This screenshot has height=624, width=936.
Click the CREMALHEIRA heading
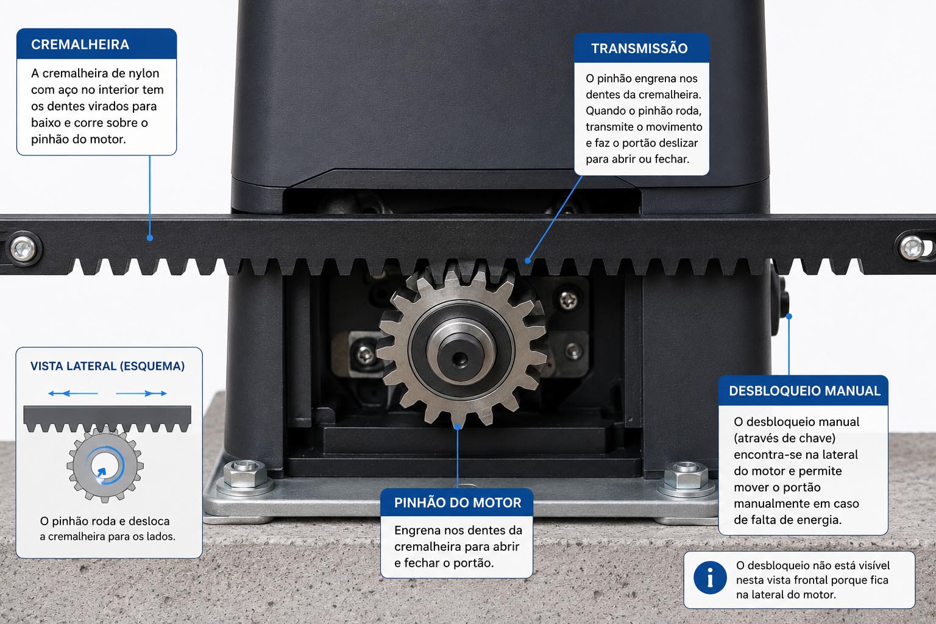pos(80,44)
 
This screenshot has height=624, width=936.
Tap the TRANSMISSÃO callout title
pos(639,49)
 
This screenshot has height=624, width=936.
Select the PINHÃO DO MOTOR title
pos(458,502)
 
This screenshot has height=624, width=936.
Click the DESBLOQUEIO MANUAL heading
pos(804,391)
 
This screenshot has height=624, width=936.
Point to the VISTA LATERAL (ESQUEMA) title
pos(107,366)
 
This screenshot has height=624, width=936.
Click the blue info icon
pos(710,578)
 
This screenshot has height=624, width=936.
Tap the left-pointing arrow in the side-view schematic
pos(73,393)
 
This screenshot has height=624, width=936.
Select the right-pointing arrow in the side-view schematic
pos(141,393)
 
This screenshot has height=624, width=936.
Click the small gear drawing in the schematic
pos(105,465)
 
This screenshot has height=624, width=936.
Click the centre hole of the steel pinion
pos(460,358)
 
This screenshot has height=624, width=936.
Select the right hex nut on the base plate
pos(686,476)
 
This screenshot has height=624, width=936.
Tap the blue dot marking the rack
pos(150,238)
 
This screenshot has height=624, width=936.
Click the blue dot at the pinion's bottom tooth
pos(458,427)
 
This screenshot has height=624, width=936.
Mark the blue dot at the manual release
pos(789,316)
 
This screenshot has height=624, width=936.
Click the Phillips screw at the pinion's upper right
pos(569,299)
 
